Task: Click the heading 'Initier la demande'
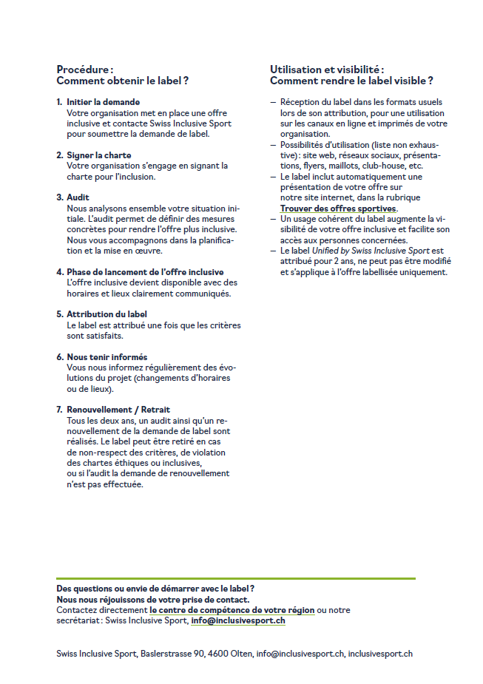point(103,102)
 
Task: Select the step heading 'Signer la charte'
point(98,155)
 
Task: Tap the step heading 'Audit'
point(78,197)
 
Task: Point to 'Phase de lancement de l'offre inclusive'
point(145,272)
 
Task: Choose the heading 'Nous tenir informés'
point(107,357)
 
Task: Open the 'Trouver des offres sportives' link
point(338,209)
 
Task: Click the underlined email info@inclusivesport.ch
point(237,621)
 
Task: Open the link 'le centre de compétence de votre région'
point(232,610)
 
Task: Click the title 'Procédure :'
point(85,70)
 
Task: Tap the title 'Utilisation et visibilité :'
point(327,70)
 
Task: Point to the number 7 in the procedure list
point(59,410)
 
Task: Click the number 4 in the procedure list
point(59,272)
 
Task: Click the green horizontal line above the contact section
point(236,578)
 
